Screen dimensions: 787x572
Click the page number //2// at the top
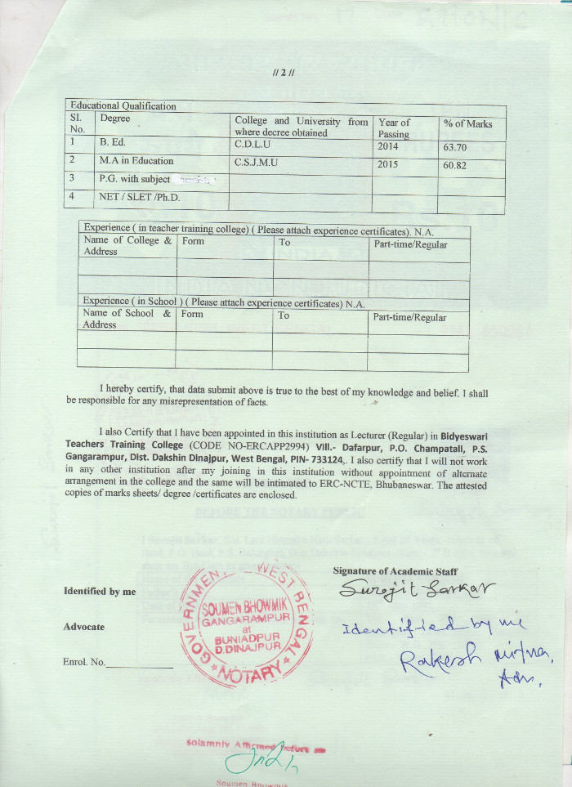(x=286, y=72)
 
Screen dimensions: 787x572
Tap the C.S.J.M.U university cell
(x=257, y=163)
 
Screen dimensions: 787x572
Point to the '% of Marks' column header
(x=467, y=124)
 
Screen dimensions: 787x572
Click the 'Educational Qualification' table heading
(x=123, y=106)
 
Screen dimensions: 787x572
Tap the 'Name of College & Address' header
(x=127, y=246)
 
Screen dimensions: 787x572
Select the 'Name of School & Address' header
(x=127, y=319)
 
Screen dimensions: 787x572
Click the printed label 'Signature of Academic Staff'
(x=395, y=571)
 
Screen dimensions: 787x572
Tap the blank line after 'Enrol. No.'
(x=140, y=664)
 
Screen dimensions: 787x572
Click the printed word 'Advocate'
(x=84, y=627)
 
